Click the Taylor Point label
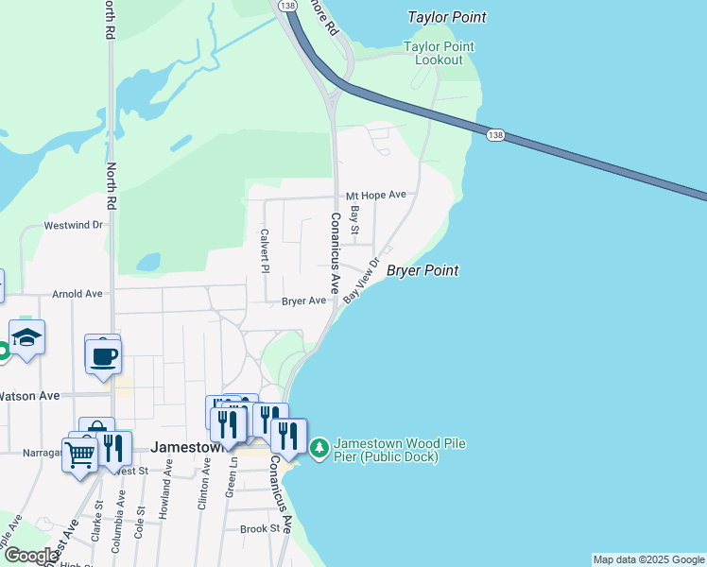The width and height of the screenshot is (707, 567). coord(447,17)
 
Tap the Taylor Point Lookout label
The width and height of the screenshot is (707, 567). coord(439,53)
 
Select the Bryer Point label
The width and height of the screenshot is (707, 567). coord(422,270)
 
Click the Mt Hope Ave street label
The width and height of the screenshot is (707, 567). coord(375,195)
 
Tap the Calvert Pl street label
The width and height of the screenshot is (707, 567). coord(266,250)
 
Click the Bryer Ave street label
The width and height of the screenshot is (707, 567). coord(303,301)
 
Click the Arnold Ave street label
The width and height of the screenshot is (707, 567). coord(78,294)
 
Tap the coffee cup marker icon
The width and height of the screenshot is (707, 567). coord(103,356)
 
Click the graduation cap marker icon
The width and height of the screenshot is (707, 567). coord(27,337)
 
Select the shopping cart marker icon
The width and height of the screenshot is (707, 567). coord(79,455)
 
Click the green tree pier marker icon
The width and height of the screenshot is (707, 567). coord(319,445)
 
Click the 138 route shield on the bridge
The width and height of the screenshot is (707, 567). coord(494,135)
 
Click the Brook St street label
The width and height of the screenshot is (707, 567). coord(261,529)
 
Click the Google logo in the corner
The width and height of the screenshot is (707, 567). coord(30,556)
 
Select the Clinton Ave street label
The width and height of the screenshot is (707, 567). coord(203,486)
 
